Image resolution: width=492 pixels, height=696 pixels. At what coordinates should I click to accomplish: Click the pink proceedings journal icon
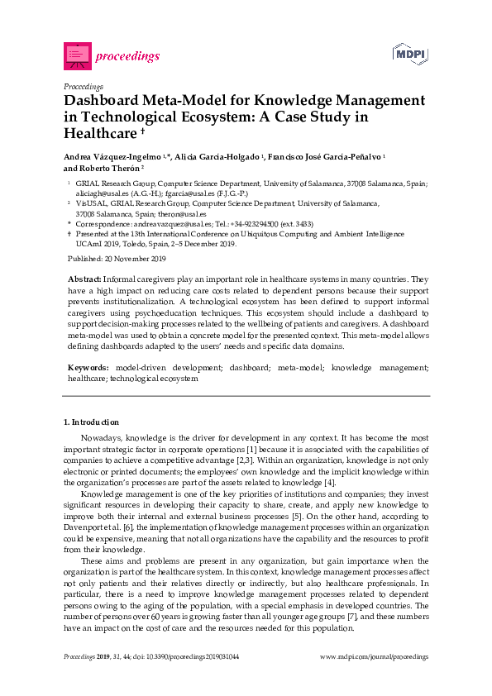click(77, 55)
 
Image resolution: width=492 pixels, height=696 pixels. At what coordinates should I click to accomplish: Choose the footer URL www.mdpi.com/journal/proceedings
click(373, 656)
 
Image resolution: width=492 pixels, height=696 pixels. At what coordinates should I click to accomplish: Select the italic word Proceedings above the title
click(84, 85)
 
